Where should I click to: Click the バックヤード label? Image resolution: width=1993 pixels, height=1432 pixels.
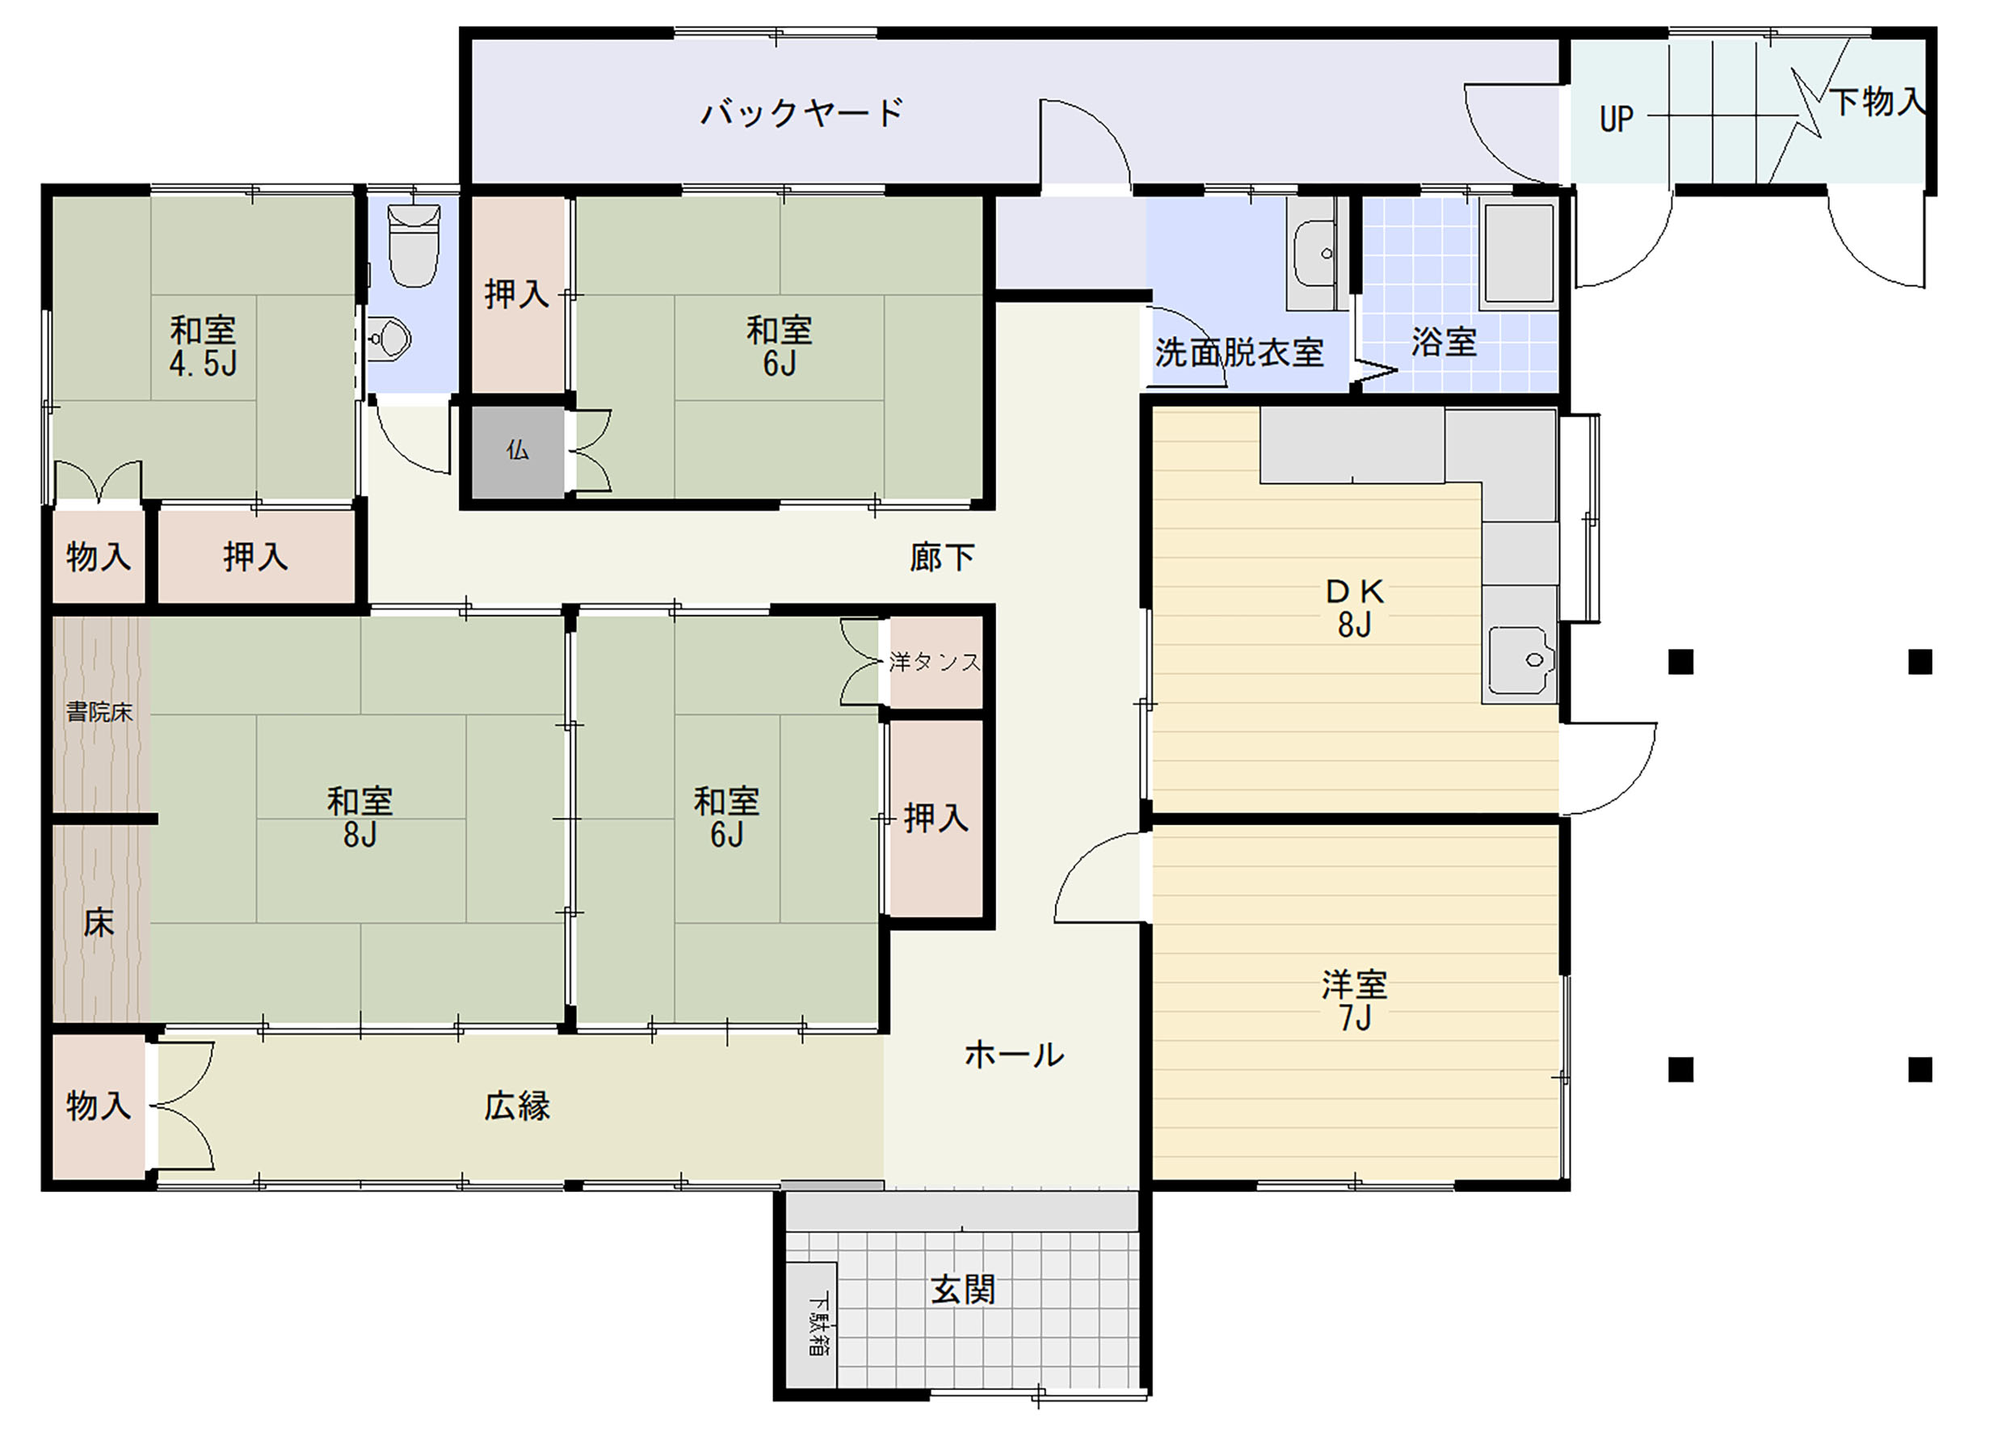pyautogui.click(x=802, y=113)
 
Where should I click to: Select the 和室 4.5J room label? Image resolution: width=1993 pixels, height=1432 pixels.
pyautogui.click(x=203, y=347)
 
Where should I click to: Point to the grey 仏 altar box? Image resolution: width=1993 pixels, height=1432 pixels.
pyautogui.click(x=518, y=451)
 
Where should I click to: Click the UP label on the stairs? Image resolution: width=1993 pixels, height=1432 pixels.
pyautogui.click(x=1616, y=119)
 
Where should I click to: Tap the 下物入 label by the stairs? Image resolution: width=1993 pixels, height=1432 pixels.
pyautogui.click(x=1876, y=102)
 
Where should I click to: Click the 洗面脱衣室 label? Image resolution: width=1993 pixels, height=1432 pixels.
pyautogui.click(x=1239, y=352)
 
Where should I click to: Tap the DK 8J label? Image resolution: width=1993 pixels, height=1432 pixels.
pyautogui.click(x=1354, y=609)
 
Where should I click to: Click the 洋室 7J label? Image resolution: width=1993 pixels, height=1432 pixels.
pyautogui.click(x=1354, y=1000)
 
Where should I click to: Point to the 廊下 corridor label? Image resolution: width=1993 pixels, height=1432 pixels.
pyautogui.click(x=942, y=558)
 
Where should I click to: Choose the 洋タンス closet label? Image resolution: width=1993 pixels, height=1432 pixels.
pyautogui.click(x=934, y=662)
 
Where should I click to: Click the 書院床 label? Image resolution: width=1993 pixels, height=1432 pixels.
pyautogui.click(x=99, y=712)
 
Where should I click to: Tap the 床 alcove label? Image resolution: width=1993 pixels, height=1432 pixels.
pyautogui.click(x=99, y=923)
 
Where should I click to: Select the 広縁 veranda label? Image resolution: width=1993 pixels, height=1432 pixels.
pyautogui.click(x=517, y=1106)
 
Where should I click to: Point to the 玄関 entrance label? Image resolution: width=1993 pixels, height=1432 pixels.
pyautogui.click(x=963, y=1291)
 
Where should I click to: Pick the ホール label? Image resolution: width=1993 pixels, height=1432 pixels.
pyautogui.click(x=1014, y=1054)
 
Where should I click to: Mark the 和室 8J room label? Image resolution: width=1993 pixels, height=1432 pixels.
pyautogui.click(x=359, y=817)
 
